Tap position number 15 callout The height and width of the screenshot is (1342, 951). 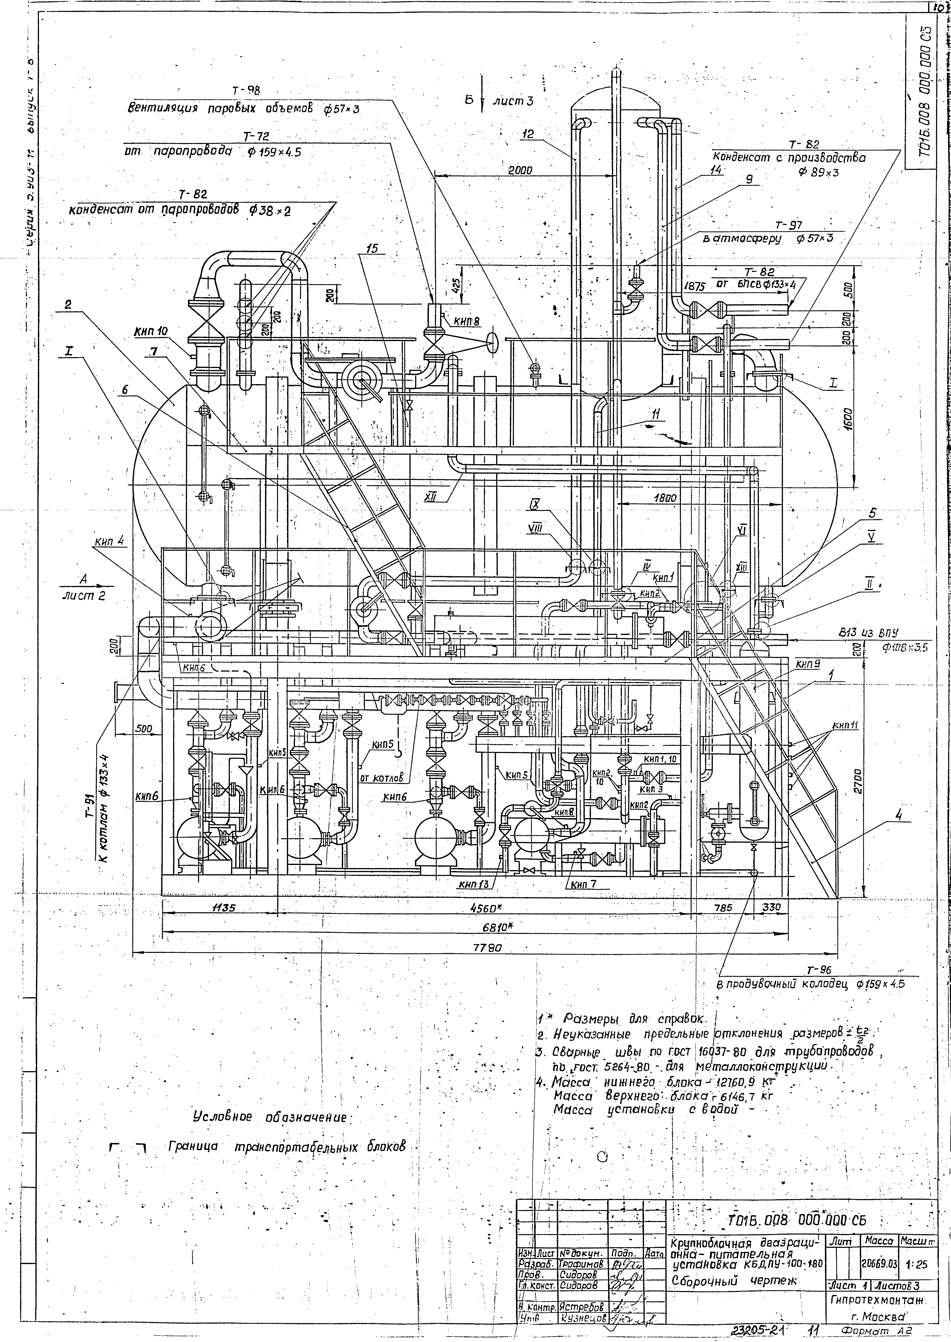[x=372, y=248]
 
